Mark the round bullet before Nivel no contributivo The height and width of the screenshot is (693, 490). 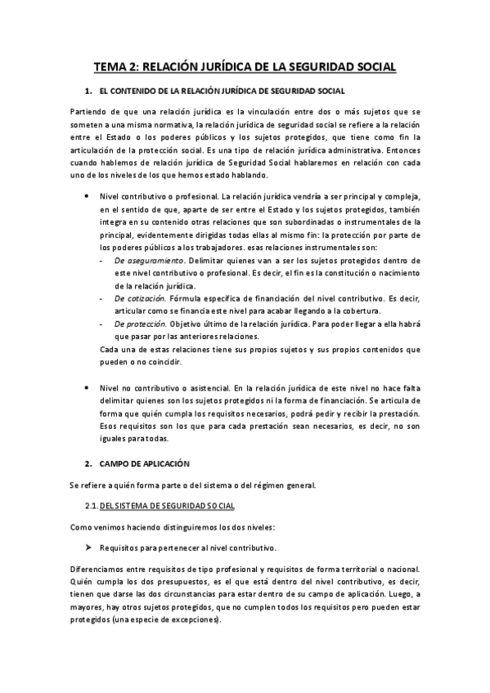tap(88, 386)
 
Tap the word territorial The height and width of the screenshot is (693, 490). tap(355, 570)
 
